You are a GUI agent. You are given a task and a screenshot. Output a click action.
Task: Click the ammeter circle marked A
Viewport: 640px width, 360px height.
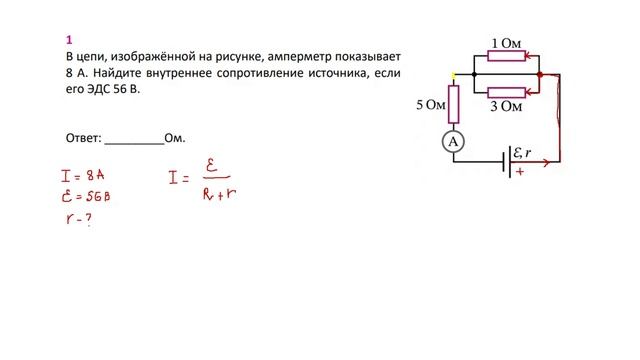(x=454, y=143)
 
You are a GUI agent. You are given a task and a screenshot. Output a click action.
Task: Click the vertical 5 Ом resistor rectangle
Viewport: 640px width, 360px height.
(x=454, y=103)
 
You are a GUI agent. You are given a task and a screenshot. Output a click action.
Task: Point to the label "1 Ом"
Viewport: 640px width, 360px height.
(x=506, y=44)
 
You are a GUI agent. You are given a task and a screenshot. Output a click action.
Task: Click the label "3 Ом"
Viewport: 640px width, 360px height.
(x=506, y=106)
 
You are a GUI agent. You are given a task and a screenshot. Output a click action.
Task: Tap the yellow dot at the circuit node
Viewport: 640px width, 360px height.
(x=454, y=75)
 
